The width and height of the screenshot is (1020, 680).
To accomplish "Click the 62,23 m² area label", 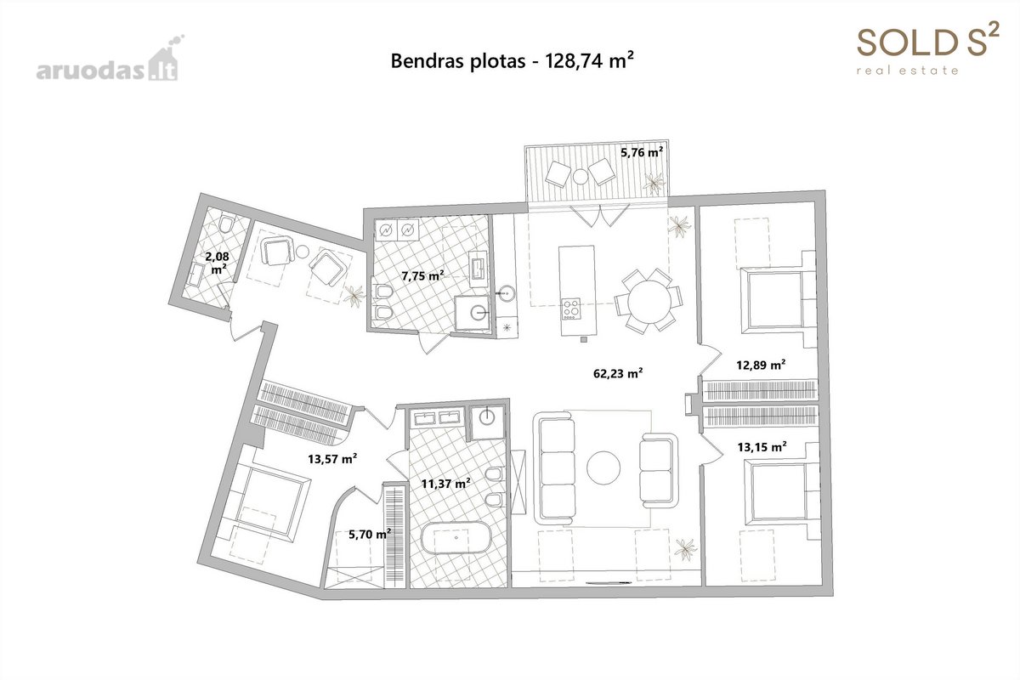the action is click(618, 373).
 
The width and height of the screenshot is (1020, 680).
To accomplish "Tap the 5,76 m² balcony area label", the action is click(642, 152).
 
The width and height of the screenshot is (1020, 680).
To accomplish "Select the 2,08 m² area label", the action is click(218, 263).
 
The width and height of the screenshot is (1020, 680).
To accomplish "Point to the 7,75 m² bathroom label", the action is click(422, 275).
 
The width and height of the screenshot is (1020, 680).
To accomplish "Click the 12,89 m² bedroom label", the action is click(761, 365).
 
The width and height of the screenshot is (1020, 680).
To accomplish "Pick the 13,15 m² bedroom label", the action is click(762, 447).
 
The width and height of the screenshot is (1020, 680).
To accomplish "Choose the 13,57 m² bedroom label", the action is click(332, 459).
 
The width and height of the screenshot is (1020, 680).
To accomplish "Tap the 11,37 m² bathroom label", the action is click(445, 484).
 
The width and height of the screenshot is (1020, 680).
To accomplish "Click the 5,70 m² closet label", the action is click(370, 534).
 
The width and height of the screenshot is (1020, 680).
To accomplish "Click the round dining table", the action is click(649, 302).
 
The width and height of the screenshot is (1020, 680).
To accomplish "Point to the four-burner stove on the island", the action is click(571, 309).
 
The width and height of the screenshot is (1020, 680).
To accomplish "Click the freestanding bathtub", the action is click(456, 537).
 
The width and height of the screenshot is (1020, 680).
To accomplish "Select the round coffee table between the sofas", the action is click(603, 467).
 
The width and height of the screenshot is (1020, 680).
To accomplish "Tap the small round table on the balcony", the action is click(581, 176).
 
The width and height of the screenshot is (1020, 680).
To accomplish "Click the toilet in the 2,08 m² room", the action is click(226, 223).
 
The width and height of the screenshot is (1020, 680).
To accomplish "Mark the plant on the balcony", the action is click(654, 183).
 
